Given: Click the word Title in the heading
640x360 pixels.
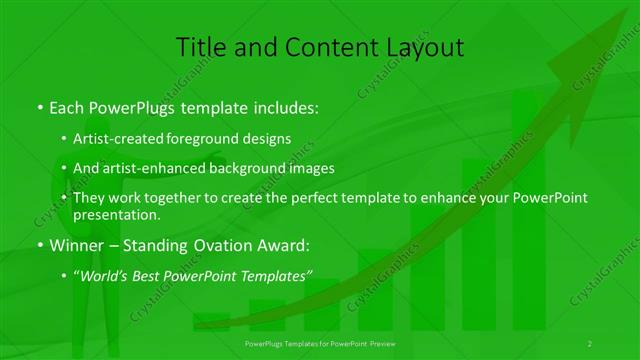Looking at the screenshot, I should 198,47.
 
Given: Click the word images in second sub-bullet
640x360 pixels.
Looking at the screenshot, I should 310,169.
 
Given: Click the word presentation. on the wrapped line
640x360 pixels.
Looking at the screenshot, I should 116,214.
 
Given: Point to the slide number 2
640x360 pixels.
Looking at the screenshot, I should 590,343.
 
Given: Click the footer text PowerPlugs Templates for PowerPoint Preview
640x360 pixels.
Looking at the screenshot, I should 320,343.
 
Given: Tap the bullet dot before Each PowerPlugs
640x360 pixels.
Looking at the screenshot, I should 38,106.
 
